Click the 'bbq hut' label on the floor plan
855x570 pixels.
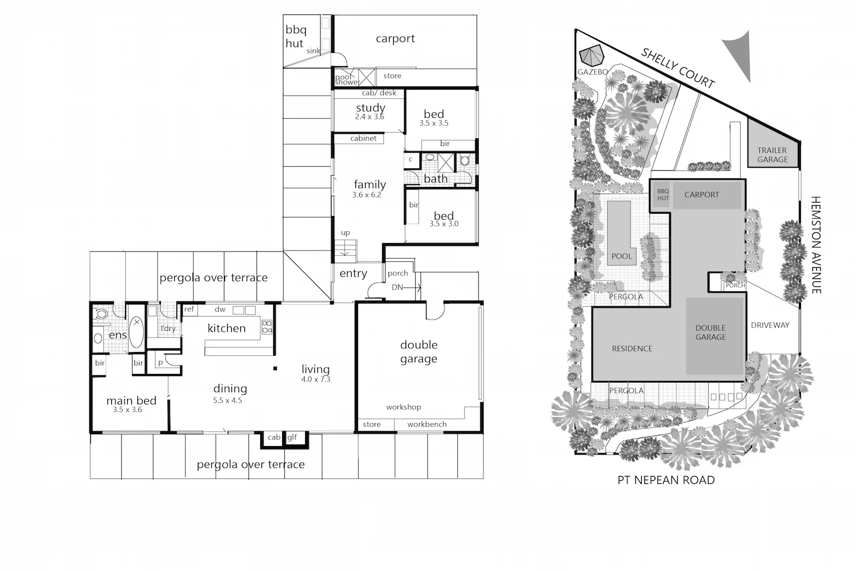tap(296, 37)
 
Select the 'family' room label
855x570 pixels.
tap(369, 185)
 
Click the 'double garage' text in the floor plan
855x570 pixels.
tap(419, 352)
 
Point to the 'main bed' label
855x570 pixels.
tap(131, 401)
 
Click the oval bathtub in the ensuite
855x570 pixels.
tap(136, 332)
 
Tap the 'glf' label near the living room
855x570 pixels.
tap(292, 438)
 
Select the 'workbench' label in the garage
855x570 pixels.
tap(427, 425)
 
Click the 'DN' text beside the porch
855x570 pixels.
tap(397, 287)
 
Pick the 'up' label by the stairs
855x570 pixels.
tap(345, 233)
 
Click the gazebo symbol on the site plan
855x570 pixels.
tap(592, 56)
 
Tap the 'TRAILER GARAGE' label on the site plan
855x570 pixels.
tap(772, 155)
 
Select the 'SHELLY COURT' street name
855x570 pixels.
tap(678, 68)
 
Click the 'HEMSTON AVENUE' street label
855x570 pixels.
tap(816, 244)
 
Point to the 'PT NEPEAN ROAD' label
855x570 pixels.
tap(666, 480)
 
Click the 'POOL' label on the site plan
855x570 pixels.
tap(621, 256)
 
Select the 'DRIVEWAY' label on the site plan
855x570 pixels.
tap(770, 325)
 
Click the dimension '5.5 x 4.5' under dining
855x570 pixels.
tap(228, 400)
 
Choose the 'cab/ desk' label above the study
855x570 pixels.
tap(379, 93)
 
